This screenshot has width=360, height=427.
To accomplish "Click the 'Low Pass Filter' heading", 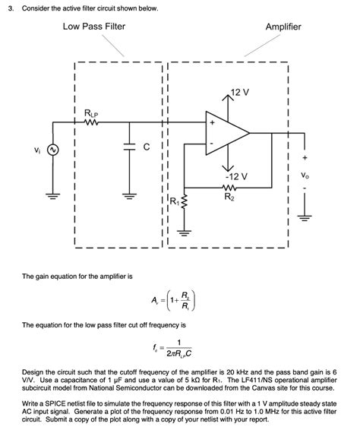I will click(x=94, y=27).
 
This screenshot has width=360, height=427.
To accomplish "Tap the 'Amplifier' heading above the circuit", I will click(x=283, y=27).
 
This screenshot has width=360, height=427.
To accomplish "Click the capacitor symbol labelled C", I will click(x=128, y=148).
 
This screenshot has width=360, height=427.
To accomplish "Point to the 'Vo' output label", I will click(x=305, y=176).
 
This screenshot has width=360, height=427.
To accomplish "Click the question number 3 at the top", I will click(x=8, y=8).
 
